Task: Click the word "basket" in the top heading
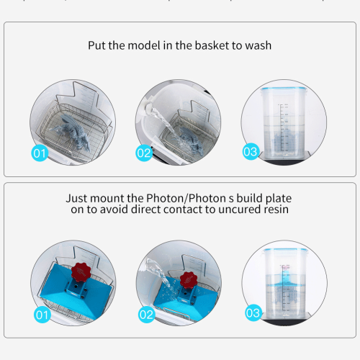pos(207,45)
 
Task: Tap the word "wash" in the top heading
pos(257,45)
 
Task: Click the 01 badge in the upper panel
pos(40,153)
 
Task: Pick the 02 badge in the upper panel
pos(144,153)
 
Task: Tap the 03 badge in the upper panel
pos(250,152)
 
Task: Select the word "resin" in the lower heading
pos(274,210)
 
